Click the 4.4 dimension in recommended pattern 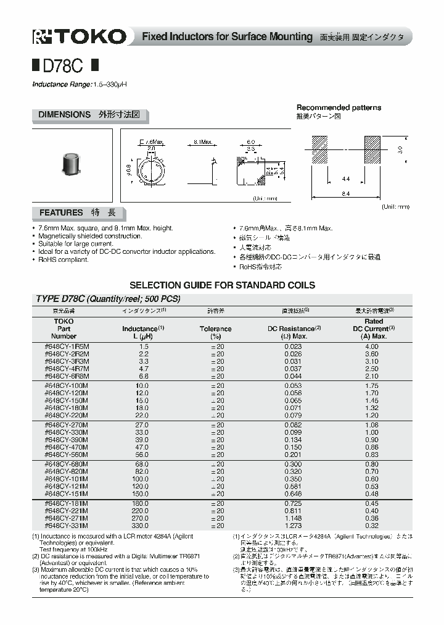[x=345, y=179]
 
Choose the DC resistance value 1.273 [x=292, y=526]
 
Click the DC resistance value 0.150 [x=292, y=446]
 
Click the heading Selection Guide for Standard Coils [x=221, y=285]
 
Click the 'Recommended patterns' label [x=339, y=107]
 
